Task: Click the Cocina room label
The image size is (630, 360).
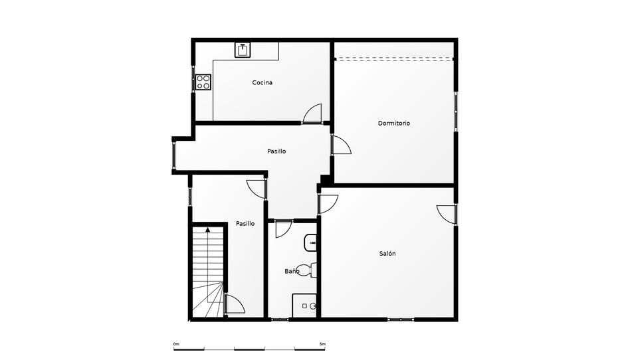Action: pyautogui.click(x=262, y=82)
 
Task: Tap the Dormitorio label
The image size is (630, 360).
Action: pyautogui.click(x=393, y=124)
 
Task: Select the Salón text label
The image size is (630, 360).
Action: pyautogui.click(x=387, y=254)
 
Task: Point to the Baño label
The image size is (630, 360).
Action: pyautogui.click(x=292, y=271)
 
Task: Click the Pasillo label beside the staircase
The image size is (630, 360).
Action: pyautogui.click(x=245, y=223)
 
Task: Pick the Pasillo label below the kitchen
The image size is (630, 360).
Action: pyautogui.click(x=276, y=151)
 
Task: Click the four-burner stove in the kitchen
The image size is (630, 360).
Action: pyautogui.click(x=203, y=82)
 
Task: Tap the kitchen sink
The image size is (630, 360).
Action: pyautogui.click(x=243, y=50)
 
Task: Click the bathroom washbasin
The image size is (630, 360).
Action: pyautogui.click(x=310, y=242)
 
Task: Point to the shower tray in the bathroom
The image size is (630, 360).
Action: pyautogui.click(x=304, y=306)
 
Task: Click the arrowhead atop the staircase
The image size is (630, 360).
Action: pyautogui.click(x=208, y=230)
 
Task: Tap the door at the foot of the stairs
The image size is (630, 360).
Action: pyautogui.click(x=236, y=304)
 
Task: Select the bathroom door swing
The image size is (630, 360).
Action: pyautogui.click(x=284, y=229)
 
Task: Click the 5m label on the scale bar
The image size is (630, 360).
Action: pyautogui.click(x=322, y=344)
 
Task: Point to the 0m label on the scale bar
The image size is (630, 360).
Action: pyautogui.click(x=176, y=344)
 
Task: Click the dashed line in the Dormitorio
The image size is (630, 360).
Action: pyautogui.click(x=393, y=59)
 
